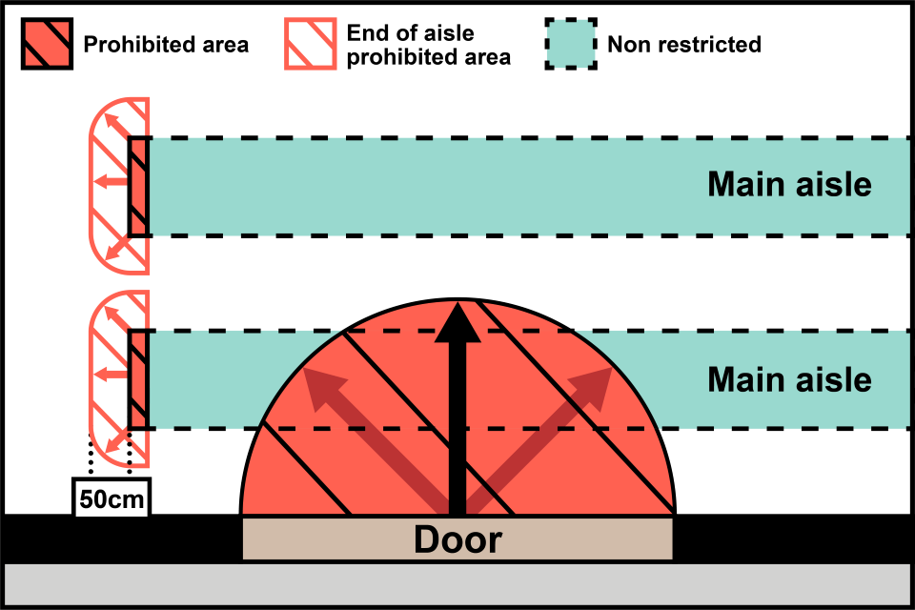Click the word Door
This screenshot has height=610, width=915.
pyautogui.click(x=457, y=540)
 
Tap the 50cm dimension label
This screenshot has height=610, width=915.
pyautogui.click(x=112, y=499)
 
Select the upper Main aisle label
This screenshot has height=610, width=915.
pyautogui.click(x=789, y=184)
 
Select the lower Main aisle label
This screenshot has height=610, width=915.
pyautogui.click(x=789, y=379)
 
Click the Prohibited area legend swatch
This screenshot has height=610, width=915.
pyautogui.click(x=46, y=44)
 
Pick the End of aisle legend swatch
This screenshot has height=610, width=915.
pyautogui.click(x=309, y=44)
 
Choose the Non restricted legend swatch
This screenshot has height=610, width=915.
pyautogui.click(x=571, y=44)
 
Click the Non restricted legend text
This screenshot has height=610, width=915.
pyautogui.click(x=684, y=44)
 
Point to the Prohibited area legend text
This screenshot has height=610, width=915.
pyautogui.click(x=166, y=44)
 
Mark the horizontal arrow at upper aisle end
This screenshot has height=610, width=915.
pyautogui.click(x=112, y=181)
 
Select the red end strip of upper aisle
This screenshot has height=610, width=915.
pyautogui.click(x=139, y=186)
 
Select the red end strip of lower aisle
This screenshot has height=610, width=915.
pyautogui.click(x=139, y=379)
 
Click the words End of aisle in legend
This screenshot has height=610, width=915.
pyautogui.click(x=410, y=33)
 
